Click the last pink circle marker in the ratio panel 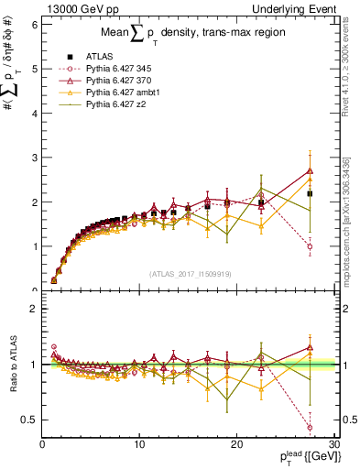[x=310, y=427]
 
